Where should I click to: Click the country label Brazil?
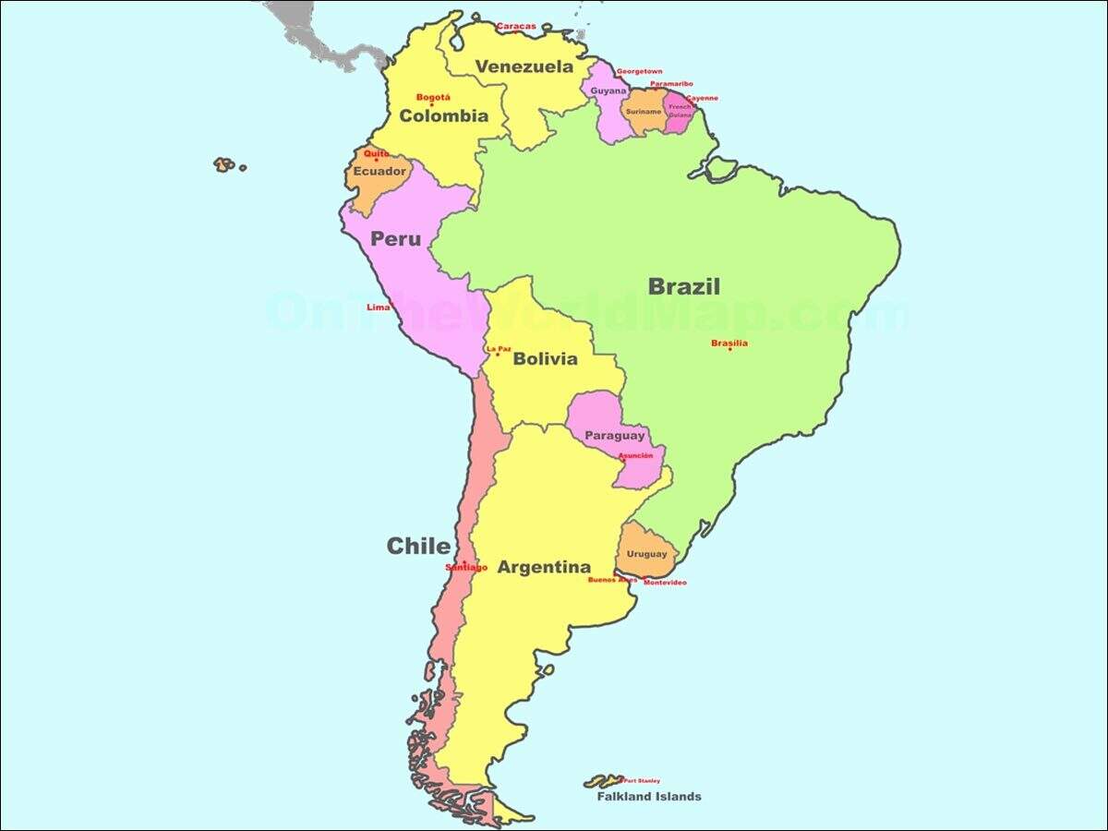point(683,286)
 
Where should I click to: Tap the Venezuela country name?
point(524,66)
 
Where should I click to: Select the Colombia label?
point(443,116)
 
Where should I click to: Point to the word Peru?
point(395,239)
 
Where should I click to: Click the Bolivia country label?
point(545,359)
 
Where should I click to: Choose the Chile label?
point(418,546)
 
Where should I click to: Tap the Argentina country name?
point(544,567)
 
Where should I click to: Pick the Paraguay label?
point(614,436)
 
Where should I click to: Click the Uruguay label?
point(646,554)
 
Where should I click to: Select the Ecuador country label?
point(379,172)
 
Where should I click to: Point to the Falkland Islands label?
point(648,796)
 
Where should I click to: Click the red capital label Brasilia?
point(729,343)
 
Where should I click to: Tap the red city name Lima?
point(378,307)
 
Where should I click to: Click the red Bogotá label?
point(433,97)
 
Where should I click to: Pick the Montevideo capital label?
point(665,583)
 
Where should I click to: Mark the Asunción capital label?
point(635,456)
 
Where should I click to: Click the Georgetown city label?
point(639,71)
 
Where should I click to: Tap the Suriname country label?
point(643,112)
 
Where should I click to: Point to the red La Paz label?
point(498,348)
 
